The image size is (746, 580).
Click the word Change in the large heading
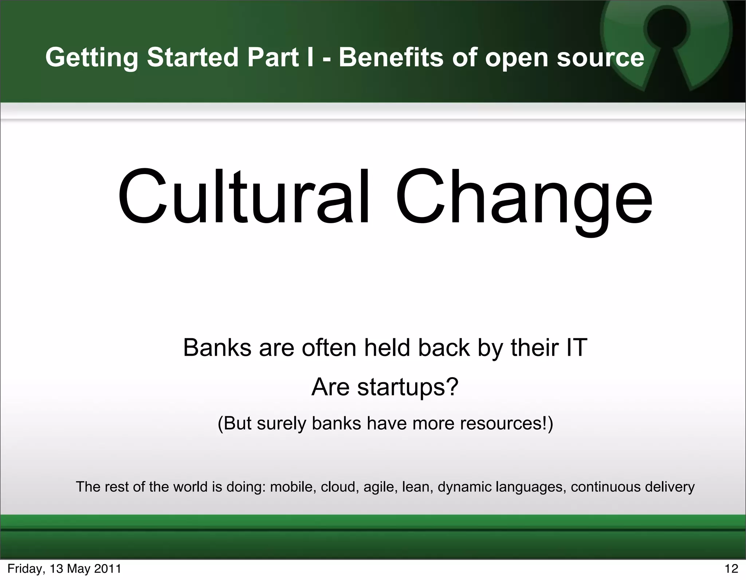[524, 200]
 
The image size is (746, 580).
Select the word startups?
[408, 387]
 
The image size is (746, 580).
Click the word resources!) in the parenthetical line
[504, 423]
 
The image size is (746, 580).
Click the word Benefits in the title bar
[391, 58]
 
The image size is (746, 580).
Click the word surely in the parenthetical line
[281, 423]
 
